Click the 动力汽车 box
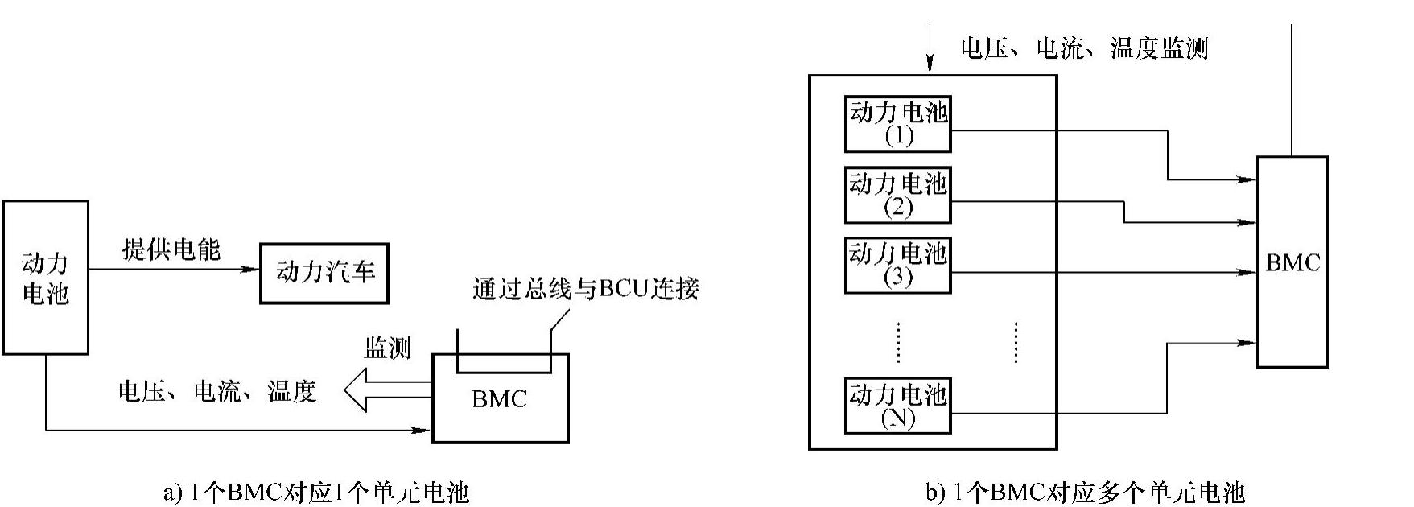pyautogui.click(x=324, y=274)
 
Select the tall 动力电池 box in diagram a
pyautogui.click(x=45, y=277)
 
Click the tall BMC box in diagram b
pyautogui.click(x=1292, y=262)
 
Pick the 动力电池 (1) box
pyautogui.click(x=897, y=123)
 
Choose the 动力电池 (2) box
pyautogui.click(x=897, y=194)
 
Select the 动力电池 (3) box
pyautogui.click(x=897, y=265)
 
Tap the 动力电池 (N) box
pyautogui.click(x=897, y=405)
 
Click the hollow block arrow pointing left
pyautogui.click(x=386, y=390)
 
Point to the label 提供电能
pyautogui.click(x=171, y=249)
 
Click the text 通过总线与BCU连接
pyautogui.click(x=586, y=289)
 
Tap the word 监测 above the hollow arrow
pyautogui.click(x=387, y=348)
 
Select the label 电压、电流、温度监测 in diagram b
pyautogui.click(x=1084, y=48)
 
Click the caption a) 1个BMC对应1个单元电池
pyautogui.click(x=316, y=492)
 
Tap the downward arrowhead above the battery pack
pyautogui.click(x=930, y=66)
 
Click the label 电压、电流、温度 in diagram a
pyautogui.click(x=217, y=392)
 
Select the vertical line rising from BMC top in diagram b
pyautogui.click(x=1292, y=89)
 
